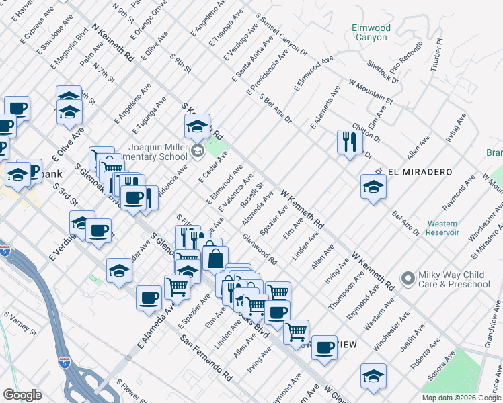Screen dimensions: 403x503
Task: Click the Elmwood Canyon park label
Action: [371, 32]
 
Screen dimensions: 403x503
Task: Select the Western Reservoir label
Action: [442, 228]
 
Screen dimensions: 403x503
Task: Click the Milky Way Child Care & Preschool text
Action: [455, 279]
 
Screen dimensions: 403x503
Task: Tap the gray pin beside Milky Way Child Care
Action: [407, 277]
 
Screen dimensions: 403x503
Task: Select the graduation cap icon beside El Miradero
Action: [373, 187]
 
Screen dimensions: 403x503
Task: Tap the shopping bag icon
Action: [215, 258]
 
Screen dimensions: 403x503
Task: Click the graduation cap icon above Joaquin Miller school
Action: [198, 125]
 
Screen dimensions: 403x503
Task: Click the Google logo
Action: [22, 394]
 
